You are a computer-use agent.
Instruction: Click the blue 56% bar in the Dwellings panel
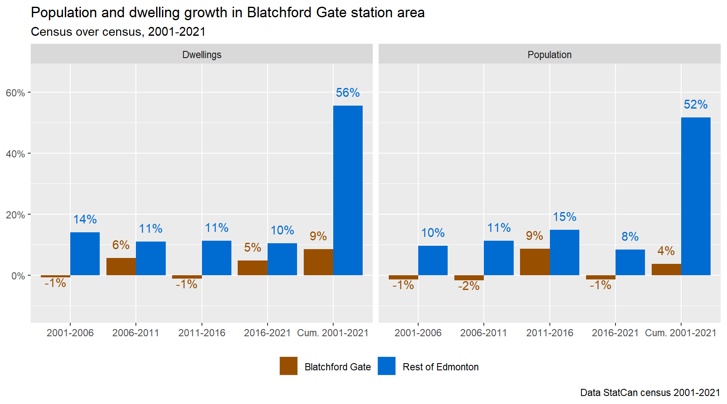(348, 190)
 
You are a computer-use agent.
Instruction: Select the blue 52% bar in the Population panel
(696, 196)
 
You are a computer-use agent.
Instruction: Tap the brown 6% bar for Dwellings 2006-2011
(121, 266)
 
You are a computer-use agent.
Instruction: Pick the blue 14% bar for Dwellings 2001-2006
(85, 254)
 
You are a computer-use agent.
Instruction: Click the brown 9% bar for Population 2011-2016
(535, 262)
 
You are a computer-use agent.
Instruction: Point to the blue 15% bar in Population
(565, 252)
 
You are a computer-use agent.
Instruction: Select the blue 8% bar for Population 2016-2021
(630, 262)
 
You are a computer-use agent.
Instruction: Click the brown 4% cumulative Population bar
(666, 269)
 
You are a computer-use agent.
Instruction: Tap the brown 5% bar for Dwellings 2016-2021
(252, 268)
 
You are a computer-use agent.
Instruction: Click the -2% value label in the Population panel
(469, 286)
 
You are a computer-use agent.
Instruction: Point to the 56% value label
(348, 93)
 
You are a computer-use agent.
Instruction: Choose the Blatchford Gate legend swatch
(289, 366)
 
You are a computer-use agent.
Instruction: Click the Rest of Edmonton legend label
(440, 367)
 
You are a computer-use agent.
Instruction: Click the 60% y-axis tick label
(15, 93)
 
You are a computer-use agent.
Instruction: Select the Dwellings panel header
(202, 55)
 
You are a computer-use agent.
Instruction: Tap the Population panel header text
(549, 55)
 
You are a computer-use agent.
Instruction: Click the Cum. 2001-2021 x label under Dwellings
(332, 333)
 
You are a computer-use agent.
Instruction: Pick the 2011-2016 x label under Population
(549, 333)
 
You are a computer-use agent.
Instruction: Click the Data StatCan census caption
(650, 393)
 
